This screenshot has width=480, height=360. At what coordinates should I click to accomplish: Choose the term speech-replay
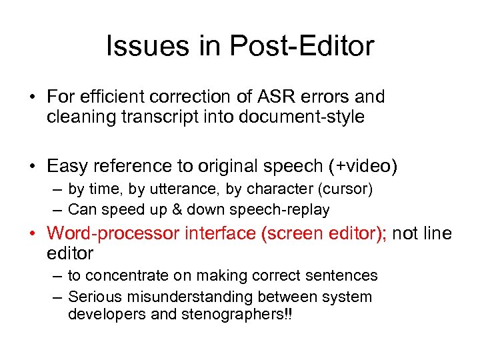pos(279,209)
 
